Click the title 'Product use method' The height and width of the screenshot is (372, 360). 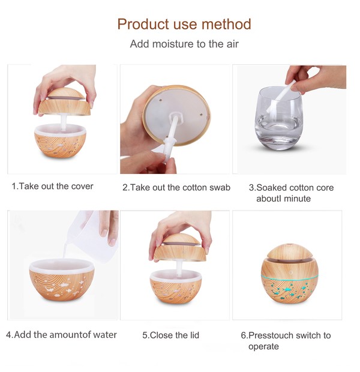coord(184,24)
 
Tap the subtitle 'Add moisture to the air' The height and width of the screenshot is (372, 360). coord(184,44)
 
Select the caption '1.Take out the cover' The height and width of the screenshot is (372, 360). coord(52,186)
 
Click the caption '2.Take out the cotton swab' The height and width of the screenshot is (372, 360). coord(176,187)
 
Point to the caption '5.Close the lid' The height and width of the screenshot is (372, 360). coord(170,335)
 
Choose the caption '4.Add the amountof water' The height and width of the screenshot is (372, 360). coord(61,335)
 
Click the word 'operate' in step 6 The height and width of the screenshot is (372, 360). coord(263,347)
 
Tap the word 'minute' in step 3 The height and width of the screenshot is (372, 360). coord(297,199)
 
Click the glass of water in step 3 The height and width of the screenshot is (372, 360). coord(279,118)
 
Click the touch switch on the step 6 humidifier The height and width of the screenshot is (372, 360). coord(290,271)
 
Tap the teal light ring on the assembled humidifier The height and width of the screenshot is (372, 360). coord(289,277)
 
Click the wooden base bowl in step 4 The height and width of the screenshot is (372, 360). coord(62,280)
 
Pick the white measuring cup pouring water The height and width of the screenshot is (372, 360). coord(92,235)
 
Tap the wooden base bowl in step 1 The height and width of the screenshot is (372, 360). coord(60,142)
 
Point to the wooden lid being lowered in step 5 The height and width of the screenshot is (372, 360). coord(179,247)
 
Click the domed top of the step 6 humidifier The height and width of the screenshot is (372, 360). coord(289,251)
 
